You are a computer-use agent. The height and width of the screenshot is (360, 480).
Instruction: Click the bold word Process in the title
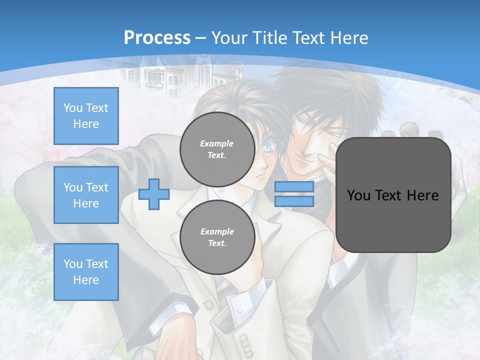[157, 37]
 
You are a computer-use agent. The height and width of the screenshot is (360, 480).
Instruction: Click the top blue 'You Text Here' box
[86, 116]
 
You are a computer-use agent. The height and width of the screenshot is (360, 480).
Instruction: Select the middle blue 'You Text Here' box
[86, 195]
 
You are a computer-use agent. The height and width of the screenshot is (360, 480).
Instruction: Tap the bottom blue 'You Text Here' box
[86, 272]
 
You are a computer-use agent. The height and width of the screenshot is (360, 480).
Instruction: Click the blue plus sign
[154, 194]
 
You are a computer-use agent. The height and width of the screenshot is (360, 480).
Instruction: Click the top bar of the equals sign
[294, 187]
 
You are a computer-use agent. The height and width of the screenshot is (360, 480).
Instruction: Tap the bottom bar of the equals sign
[294, 201]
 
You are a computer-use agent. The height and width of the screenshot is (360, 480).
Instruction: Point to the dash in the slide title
[201, 38]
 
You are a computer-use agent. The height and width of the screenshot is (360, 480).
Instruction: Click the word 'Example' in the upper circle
[217, 143]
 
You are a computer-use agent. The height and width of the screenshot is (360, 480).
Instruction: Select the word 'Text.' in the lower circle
[217, 243]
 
